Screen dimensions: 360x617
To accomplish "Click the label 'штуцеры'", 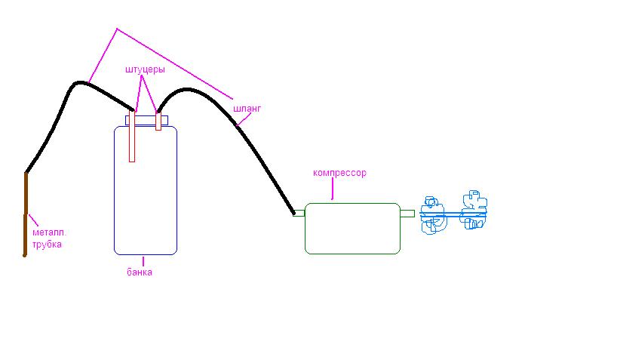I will (145, 69).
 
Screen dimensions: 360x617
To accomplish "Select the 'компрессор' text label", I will (339, 173).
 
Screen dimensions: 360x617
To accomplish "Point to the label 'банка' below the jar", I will (139, 272).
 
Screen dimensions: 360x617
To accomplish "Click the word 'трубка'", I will (47, 245).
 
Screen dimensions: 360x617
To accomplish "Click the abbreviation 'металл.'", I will (49, 233).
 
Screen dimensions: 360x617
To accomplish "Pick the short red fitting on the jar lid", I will (158, 121).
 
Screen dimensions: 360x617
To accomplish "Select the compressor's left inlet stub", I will (299, 213).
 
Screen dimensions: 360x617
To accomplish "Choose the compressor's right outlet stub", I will (407, 214).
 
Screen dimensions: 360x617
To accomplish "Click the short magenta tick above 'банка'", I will (143, 261).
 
